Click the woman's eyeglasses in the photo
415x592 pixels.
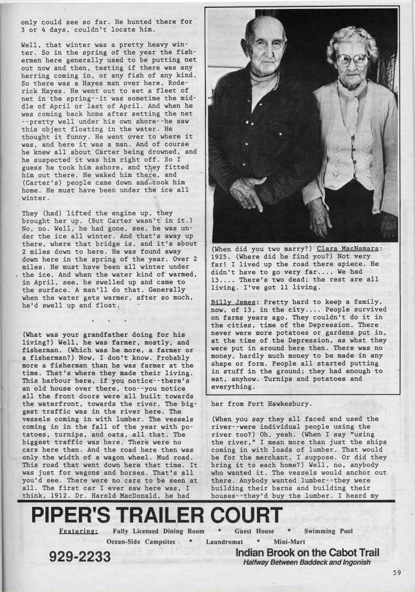[x=352, y=59]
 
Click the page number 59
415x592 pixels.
[x=398, y=574]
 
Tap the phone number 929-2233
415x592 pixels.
[x=80, y=556]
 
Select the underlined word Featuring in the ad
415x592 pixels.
[x=78, y=531]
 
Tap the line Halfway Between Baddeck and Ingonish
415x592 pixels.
[x=307, y=562]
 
